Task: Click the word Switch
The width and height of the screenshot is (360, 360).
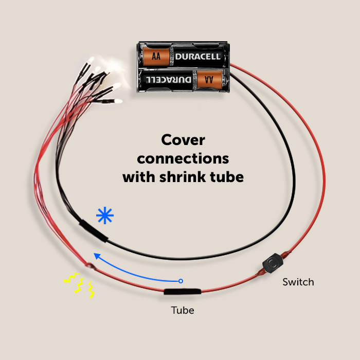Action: pyautogui.click(x=298, y=282)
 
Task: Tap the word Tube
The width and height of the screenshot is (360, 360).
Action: pyautogui.click(x=183, y=310)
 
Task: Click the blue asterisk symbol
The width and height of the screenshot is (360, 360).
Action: pyautogui.click(x=104, y=216)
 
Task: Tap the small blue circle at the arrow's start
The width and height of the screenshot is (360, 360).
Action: pyautogui.click(x=180, y=281)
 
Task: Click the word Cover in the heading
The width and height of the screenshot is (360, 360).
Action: pyautogui.click(x=183, y=140)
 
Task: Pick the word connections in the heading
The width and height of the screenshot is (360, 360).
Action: pyautogui.click(x=183, y=158)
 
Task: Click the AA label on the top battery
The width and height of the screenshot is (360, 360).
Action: pyautogui.click(x=156, y=56)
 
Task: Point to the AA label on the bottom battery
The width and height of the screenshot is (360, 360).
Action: pyautogui.click(x=209, y=80)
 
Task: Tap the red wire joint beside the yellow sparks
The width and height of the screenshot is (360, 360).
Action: pyautogui.click(x=90, y=265)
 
